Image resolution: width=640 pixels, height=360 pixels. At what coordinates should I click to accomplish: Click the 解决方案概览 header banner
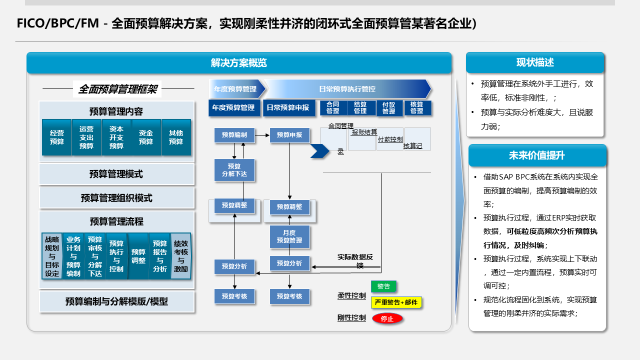(x=239, y=63)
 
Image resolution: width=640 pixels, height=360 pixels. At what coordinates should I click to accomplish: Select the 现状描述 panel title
(x=535, y=62)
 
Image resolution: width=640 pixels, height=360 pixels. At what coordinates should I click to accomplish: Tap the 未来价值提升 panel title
(x=537, y=155)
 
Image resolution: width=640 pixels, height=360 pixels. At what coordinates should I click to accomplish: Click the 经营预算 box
(x=57, y=137)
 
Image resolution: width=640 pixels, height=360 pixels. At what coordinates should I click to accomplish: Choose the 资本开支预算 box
(x=116, y=137)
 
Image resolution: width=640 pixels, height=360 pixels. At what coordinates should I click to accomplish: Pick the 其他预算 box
(x=176, y=137)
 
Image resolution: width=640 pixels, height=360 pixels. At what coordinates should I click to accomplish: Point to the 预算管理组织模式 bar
(x=116, y=198)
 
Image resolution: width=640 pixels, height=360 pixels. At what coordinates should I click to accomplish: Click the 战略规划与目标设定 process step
(x=52, y=256)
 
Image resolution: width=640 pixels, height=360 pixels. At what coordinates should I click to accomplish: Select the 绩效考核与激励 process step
(x=181, y=256)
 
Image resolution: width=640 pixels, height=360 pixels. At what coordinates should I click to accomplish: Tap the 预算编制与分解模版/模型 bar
(x=116, y=301)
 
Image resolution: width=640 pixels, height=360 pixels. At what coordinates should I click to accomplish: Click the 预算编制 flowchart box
(x=234, y=135)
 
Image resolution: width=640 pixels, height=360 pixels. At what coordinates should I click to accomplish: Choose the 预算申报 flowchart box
(x=289, y=135)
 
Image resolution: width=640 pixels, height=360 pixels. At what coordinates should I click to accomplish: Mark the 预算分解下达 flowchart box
(x=234, y=170)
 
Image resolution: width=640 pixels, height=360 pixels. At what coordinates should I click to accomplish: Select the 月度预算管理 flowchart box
(x=289, y=236)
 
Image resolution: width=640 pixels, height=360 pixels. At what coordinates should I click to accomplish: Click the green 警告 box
(x=383, y=286)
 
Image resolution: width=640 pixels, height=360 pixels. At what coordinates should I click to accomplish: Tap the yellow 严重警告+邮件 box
(x=396, y=302)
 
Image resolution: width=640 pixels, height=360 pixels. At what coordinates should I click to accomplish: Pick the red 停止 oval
(x=387, y=318)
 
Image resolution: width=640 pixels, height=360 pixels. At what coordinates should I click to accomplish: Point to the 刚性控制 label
(x=351, y=318)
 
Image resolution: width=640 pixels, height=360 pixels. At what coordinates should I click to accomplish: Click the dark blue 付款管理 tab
(x=389, y=108)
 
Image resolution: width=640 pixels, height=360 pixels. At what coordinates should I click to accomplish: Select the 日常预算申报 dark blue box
(x=287, y=108)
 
